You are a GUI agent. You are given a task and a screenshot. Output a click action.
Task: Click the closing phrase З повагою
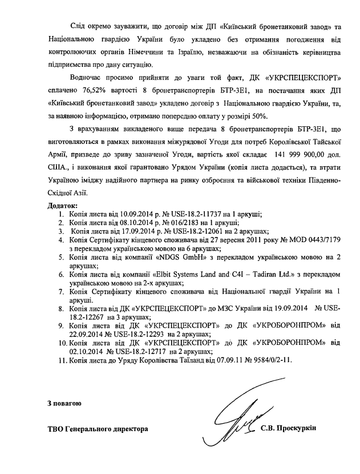pos(64,404)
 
